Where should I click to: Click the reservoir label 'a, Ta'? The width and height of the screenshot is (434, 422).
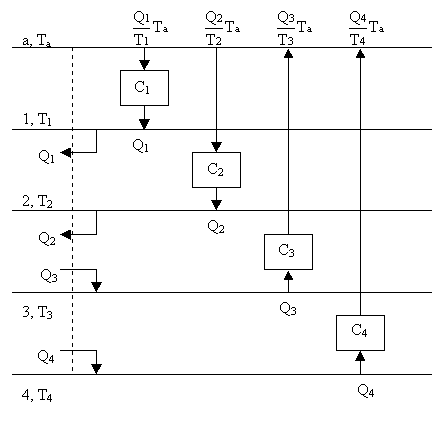click(x=37, y=41)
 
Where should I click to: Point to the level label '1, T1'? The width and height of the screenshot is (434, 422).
click(x=37, y=119)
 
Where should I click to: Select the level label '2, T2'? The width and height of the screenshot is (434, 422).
click(x=37, y=201)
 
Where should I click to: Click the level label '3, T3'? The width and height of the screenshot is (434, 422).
click(x=37, y=312)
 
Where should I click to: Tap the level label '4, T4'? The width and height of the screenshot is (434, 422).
click(x=37, y=395)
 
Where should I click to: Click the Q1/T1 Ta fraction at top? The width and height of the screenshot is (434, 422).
click(x=150, y=28)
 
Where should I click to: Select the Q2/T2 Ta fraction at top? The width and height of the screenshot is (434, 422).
click(x=222, y=28)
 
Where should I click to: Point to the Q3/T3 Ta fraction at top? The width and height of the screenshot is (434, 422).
click(x=294, y=28)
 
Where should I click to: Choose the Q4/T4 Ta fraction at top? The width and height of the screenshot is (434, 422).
click(x=366, y=28)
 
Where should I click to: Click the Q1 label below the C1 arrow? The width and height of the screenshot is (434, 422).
click(x=140, y=146)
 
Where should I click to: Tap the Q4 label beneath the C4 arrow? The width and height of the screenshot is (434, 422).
click(x=366, y=390)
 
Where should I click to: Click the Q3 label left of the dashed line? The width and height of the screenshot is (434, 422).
click(x=49, y=276)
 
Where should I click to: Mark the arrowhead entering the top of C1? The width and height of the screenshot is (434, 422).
click(x=144, y=65)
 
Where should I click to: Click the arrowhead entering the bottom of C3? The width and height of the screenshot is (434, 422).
click(x=288, y=275)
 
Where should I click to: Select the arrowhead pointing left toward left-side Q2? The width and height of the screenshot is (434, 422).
click(x=65, y=234)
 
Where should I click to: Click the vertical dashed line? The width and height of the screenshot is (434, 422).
click(x=72, y=210)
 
